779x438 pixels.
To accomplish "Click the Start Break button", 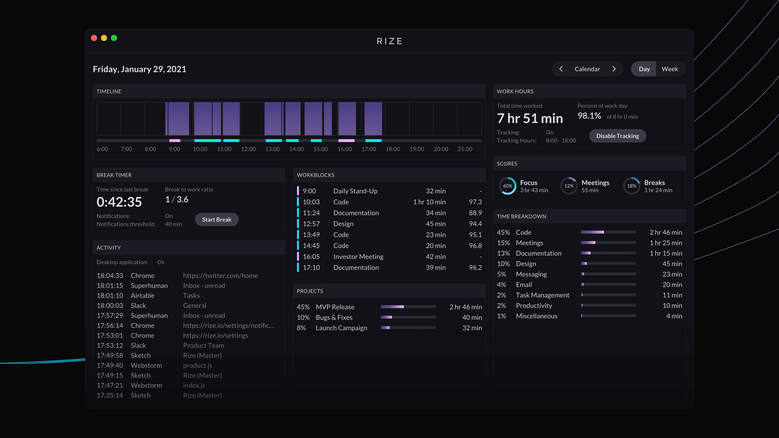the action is coord(216,219).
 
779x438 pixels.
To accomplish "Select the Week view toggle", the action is coord(670,69).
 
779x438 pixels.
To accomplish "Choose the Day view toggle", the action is coord(644,69).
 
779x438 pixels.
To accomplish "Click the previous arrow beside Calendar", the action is coord(561,69).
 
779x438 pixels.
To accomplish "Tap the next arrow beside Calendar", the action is coord(614,69).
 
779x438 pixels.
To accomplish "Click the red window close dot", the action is coord(94,38).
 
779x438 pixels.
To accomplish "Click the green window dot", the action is coord(114,38).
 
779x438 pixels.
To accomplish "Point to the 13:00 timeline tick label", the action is coord(272,149).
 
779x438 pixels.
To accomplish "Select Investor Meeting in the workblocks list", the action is coord(358,257).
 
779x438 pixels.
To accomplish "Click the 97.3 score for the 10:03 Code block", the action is coord(475,202).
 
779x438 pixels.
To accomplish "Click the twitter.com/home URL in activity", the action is coord(221,276).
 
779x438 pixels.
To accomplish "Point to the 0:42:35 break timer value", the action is coord(119,202).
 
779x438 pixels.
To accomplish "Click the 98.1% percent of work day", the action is coord(589,116).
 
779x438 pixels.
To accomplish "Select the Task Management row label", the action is coord(542,295).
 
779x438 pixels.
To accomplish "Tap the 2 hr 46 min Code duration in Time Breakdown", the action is coord(666,232).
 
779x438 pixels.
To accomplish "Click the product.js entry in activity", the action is coord(197,365).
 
